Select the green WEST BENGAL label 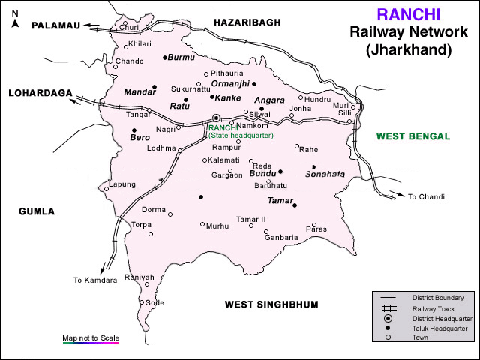coord(412,136)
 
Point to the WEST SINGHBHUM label coord(271,304)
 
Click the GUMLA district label coord(37,211)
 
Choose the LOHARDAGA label coord(40,93)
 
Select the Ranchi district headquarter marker coord(216,118)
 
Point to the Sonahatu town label coord(325,174)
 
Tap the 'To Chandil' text coord(427,196)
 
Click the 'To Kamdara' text coord(95,280)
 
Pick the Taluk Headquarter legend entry coord(439,328)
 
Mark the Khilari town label coord(139,45)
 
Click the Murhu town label coord(217,225)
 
